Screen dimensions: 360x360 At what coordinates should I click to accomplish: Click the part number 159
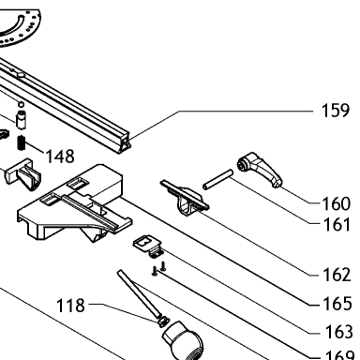[336, 111]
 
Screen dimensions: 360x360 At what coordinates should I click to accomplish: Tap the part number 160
[336, 203]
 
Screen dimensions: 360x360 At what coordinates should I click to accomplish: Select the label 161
[336, 224]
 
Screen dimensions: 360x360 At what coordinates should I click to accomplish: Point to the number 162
[337, 275]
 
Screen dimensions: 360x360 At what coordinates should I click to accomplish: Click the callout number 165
[337, 304]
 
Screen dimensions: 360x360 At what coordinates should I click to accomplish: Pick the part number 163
[339, 332]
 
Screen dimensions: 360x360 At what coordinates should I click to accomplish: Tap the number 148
[60, 156]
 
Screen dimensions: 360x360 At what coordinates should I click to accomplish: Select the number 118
[70, 306]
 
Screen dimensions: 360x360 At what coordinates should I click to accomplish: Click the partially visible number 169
[339, 355]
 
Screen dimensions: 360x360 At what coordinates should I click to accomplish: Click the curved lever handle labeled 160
[260, 170]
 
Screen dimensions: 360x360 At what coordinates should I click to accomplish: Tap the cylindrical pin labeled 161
[217, 179]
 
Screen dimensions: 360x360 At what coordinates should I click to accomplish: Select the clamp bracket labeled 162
[185, 198]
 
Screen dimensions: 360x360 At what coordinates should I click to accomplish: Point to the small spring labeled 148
[21, 142]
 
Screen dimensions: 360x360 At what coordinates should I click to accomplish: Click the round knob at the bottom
[184, 341]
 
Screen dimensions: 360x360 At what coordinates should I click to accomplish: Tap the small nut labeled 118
[163, 321]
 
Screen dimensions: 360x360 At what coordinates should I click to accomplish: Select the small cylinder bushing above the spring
[21, 119]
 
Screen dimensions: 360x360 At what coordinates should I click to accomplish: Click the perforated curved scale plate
[19, 26]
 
